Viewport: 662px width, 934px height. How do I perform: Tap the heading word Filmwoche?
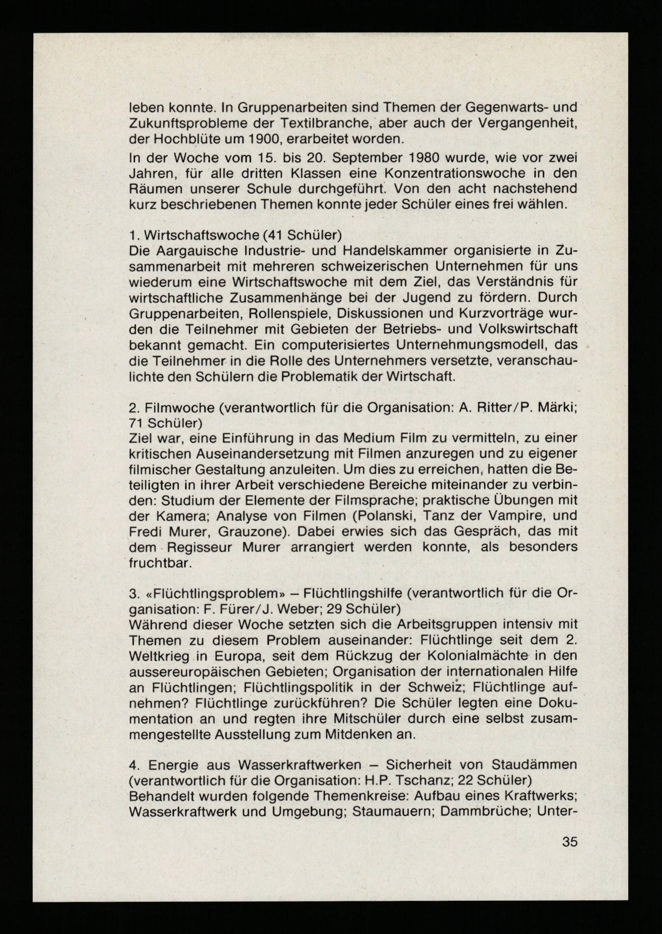178,407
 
